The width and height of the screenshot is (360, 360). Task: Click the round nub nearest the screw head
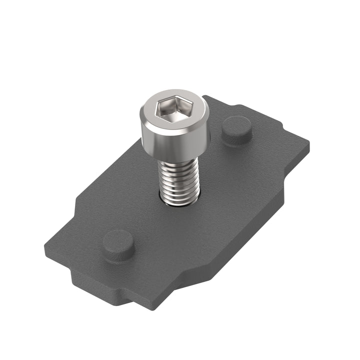pos(237,129)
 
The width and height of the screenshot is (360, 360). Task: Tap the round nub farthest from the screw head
pos(118,244)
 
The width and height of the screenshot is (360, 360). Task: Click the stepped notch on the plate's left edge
pos(75,210)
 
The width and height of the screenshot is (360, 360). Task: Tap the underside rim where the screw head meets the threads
pos(178,159)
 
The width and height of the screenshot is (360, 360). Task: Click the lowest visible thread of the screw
pos(179,198)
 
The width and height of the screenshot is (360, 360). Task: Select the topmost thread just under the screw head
pos(178,165)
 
